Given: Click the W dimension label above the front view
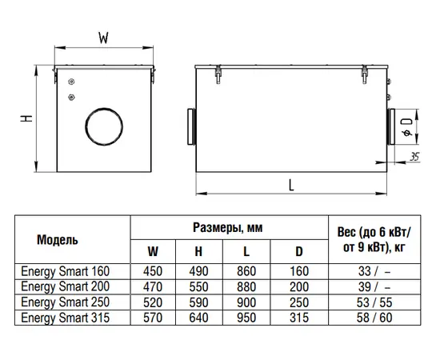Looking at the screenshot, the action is pos(103,38).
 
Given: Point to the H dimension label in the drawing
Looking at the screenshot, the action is pos(26,118).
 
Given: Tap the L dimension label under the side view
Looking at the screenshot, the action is pos(291,186).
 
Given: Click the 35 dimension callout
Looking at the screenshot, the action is pos(414,157).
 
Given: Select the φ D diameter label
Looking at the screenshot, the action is pos(408,127).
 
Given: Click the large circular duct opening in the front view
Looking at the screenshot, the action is pos(104,126).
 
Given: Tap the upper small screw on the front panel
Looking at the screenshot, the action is pos(71,82).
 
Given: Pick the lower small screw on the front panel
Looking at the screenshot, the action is pos(71,98).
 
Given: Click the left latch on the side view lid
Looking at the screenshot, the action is pos(218,74).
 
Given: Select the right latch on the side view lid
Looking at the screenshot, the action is pos(364,74).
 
